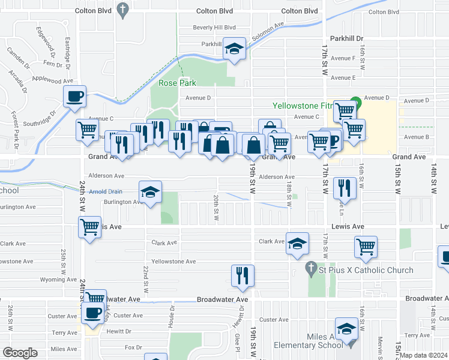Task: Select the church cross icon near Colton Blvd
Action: point(123,10)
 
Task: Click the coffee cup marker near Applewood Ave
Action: point(75,97)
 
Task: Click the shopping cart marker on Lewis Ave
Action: point(89,227)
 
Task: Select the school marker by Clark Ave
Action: point(297,243)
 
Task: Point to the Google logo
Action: point(20,353)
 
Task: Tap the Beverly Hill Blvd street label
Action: point(214,28)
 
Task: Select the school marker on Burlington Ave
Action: point(150,191)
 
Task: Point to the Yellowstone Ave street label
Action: point(173,262)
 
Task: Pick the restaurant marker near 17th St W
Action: point(345,187)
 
